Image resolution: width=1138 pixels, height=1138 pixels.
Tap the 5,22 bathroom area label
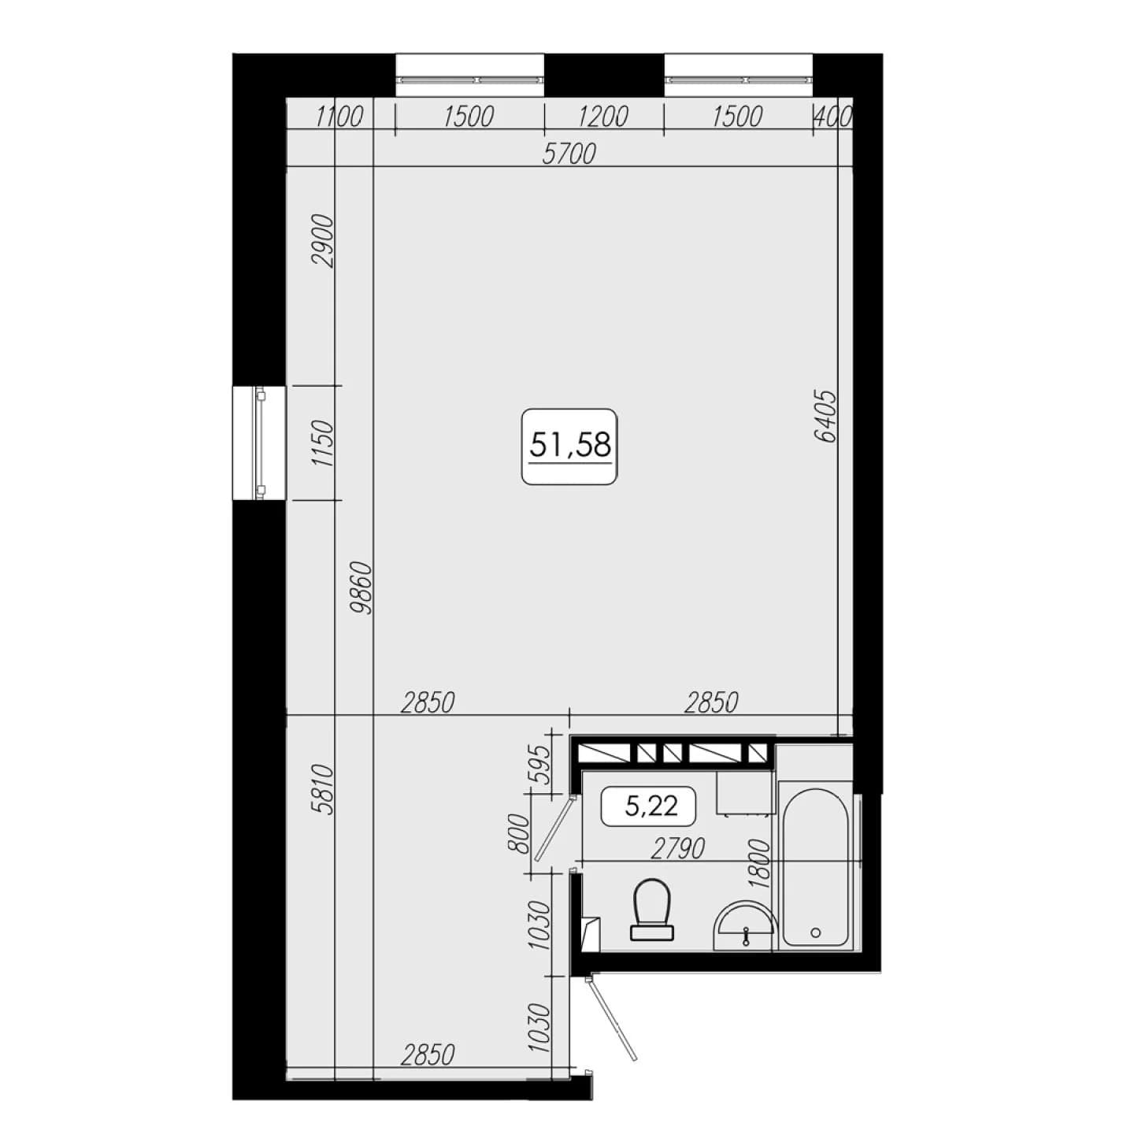point(648,806)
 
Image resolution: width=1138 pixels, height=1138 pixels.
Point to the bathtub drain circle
point(816,932)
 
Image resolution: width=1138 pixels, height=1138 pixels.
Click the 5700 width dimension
point(569,154)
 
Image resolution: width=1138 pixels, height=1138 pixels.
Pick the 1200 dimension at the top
point(603,117)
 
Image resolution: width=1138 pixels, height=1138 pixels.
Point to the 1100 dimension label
point(339,117)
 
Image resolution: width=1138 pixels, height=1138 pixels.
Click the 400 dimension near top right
point(832,117)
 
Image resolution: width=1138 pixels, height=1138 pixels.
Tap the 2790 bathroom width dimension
point(678,849)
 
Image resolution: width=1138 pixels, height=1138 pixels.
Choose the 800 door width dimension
point(520,833)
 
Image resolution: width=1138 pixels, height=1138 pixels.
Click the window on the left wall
point(260,443)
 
